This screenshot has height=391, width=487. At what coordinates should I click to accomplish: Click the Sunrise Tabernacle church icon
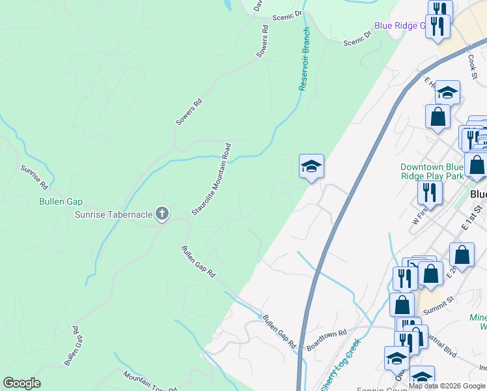pos(162,213)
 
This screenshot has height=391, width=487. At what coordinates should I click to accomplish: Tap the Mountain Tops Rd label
pos(150,382)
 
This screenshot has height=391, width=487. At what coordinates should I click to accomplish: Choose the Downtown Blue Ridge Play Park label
pos(432,171)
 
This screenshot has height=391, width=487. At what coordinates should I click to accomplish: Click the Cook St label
pos(473,63)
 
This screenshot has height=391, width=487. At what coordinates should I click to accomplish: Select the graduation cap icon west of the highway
pos(311,166)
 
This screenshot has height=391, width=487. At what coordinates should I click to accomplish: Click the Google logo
pos(21,383)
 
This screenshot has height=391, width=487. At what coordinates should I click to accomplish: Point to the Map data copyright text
pos(447,385)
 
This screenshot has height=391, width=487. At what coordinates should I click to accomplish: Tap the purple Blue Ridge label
pos(399,25)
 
